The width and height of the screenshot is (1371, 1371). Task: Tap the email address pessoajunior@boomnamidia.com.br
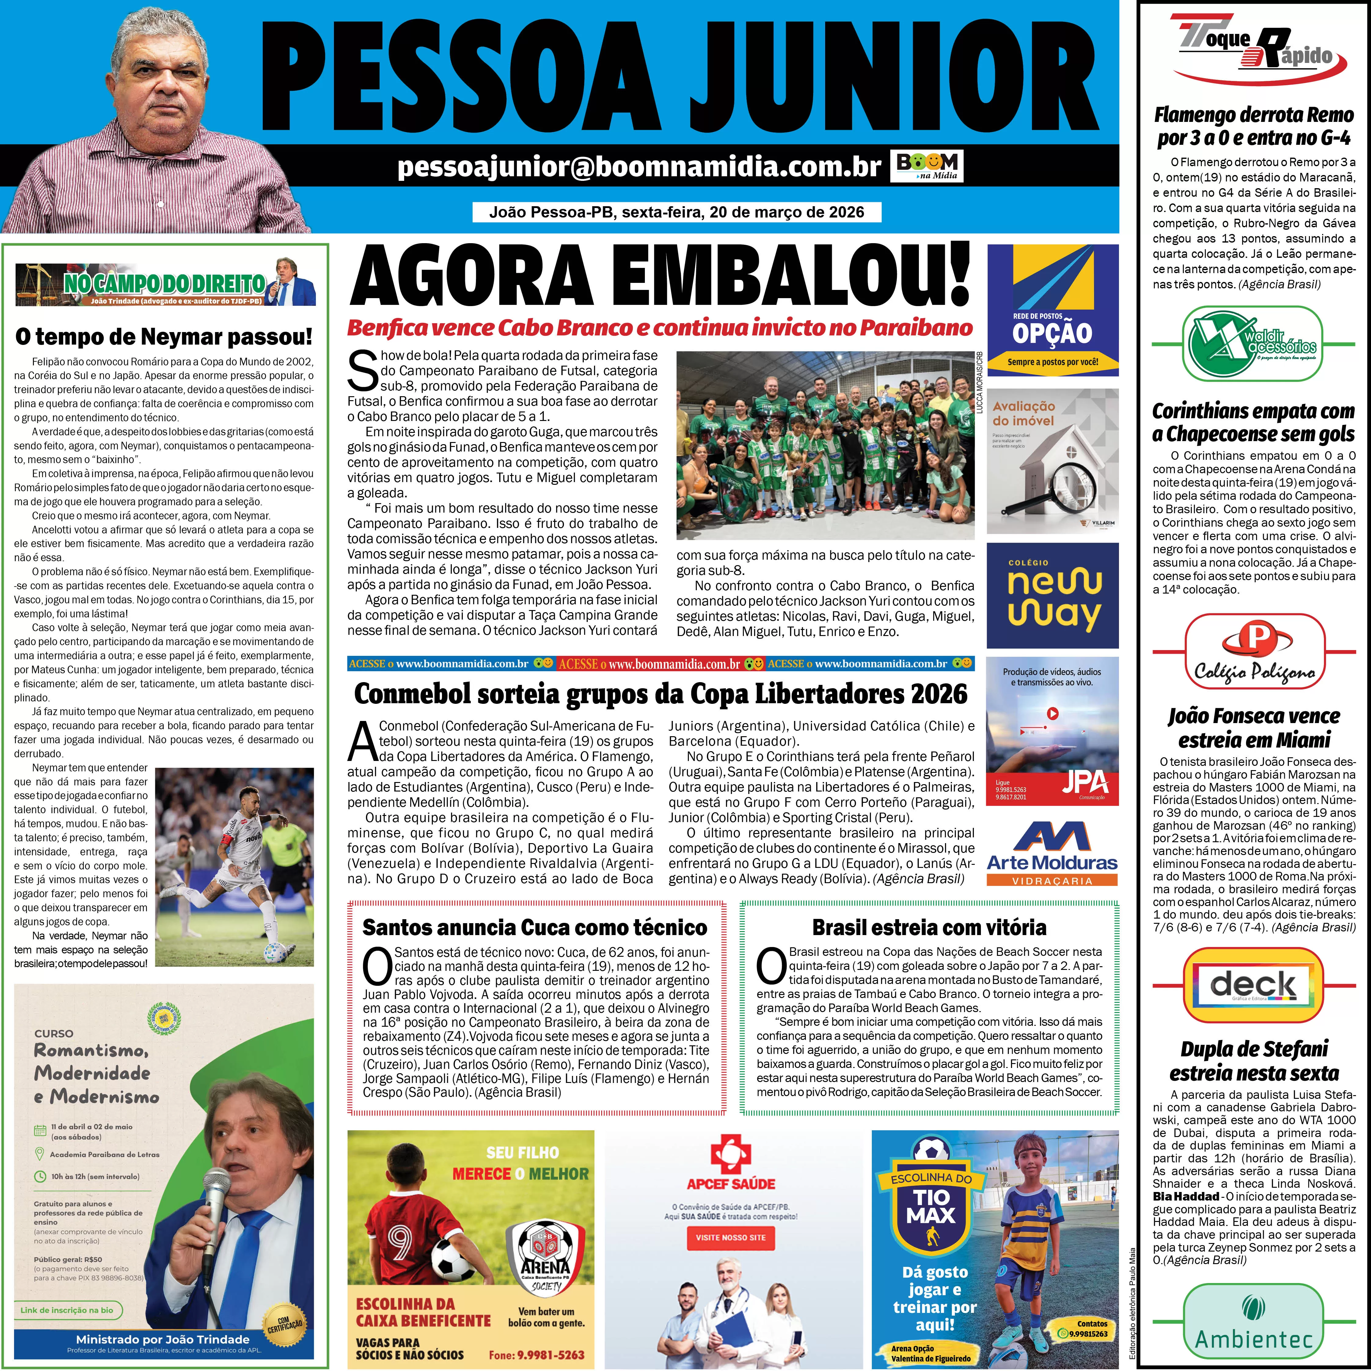[639, 167]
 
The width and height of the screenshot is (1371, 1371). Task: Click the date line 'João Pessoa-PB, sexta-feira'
[676, 212]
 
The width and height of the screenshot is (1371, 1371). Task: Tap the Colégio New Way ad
[1052, 595]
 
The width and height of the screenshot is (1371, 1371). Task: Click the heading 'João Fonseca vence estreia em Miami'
[1253, 727]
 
